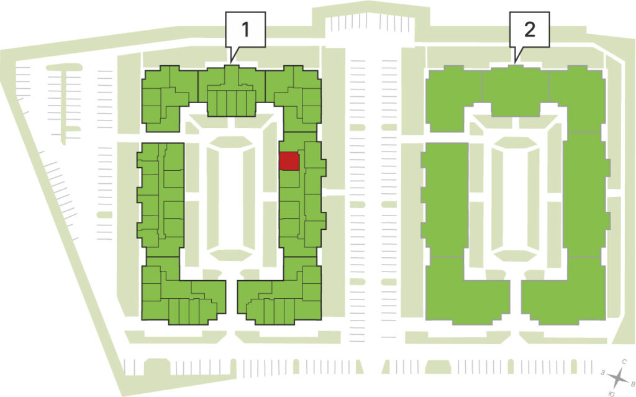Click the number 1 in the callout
[245, 30]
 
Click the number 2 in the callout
[530, 30]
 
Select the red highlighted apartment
[289, 161]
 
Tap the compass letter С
[625, 361]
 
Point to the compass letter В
[632, 383]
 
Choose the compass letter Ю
[612, 393]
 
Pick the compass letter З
[604, 372]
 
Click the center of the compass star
[618, 378]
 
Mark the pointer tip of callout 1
[231, 62]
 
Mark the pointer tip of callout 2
[515, 62]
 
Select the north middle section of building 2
[516, 91]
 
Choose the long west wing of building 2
[445, 199]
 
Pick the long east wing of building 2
[585, 194]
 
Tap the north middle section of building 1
[232, 91]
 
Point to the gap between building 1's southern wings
[231, 300]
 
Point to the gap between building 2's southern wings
[516, 300]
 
